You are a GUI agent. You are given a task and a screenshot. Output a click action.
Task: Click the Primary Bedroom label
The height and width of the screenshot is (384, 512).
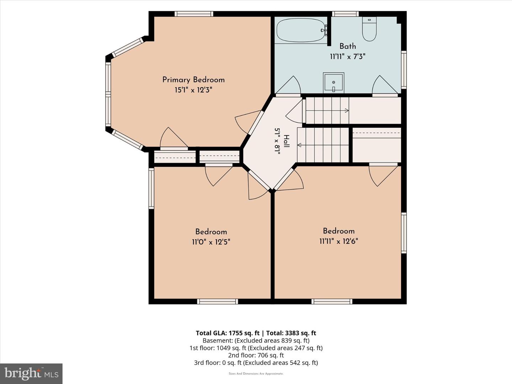193,80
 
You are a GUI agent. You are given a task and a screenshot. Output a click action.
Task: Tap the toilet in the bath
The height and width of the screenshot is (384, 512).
369,29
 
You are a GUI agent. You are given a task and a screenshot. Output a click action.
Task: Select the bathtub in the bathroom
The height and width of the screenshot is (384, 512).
301,31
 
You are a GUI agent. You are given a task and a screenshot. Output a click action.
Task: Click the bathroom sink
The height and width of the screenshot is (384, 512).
334,82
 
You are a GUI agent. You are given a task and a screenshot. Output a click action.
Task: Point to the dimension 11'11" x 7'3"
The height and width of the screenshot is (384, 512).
347,57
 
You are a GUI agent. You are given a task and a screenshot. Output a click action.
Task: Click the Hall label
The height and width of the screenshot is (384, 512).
287,141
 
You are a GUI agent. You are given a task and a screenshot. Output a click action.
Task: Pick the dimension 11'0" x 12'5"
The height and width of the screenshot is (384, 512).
211,242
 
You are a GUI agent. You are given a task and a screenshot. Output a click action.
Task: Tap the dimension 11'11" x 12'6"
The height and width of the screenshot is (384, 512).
339,241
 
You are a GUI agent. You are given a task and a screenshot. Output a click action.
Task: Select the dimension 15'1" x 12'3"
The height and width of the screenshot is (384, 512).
193,90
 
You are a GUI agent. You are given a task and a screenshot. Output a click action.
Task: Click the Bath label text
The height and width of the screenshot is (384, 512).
347,46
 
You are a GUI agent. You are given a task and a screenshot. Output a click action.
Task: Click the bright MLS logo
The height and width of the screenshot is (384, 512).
31,373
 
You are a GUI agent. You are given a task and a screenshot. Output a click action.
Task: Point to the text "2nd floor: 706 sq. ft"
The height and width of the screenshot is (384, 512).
256,355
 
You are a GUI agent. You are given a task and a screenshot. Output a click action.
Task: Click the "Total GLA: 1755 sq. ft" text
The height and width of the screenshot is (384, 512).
228,333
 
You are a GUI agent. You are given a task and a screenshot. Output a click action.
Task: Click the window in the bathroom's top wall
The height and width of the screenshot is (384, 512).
346,14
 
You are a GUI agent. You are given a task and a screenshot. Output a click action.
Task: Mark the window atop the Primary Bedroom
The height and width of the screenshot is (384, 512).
194,14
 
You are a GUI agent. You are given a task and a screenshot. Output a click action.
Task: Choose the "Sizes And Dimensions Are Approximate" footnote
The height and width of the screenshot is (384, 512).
256,374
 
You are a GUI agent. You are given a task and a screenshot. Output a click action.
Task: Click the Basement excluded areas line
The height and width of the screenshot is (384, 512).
256,340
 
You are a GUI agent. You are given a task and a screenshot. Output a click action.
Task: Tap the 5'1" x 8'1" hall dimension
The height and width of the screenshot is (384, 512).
277,141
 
